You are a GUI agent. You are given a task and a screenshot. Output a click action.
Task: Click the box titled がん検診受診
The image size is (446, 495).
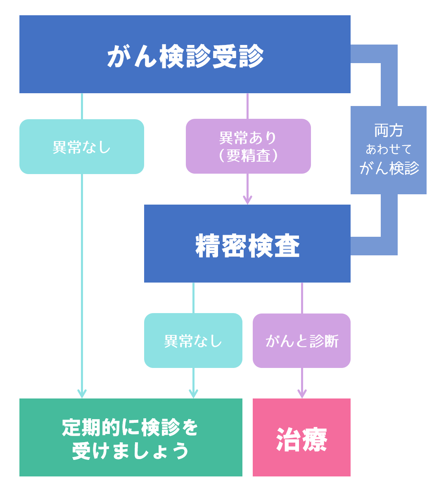pyautogui.click(x=185, y=54)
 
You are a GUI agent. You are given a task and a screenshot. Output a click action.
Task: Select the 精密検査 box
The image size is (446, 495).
pyautogui.click(x=247, y=244)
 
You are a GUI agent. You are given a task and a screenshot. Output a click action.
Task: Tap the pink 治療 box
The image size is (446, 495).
pyautogui.click(x=301, y=437)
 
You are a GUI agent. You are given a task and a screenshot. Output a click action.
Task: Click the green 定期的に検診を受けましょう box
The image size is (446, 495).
pyautogui.click(x=130, y=437)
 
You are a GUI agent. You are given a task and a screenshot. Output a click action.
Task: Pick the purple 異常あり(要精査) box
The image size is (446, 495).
pyautogui.click(x=248, y=146)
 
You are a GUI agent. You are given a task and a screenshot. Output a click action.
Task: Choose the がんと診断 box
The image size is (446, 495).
pyautogui.click(x=301, y=341)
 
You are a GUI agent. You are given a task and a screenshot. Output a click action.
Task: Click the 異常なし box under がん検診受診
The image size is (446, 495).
pyautogui.click(x=82, y=147)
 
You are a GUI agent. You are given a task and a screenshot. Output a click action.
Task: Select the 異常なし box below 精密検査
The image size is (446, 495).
pyautogui.click(x=193, y=341)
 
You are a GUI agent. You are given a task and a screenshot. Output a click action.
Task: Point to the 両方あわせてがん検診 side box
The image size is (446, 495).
pyautogui.click(x=388, y=150)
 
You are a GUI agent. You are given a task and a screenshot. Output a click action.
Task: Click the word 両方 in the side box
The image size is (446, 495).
pyautogui.click(x=388, y=131)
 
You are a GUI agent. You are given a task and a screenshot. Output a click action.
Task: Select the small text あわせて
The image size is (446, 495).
pyautogui.click(x=388, y=149)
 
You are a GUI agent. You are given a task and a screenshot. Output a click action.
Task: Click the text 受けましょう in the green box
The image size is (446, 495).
pyautogui.click(x=130, y=451)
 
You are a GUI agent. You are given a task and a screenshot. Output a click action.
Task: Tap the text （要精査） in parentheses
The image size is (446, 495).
pyautogui.click(x=248, y=156)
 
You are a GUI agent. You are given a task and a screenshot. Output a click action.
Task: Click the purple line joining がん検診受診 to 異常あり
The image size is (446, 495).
pyautogui.click(x=247, y=106)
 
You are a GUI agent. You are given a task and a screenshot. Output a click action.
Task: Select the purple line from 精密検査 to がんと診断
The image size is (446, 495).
pyautogui.click(x=302, y=298)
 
